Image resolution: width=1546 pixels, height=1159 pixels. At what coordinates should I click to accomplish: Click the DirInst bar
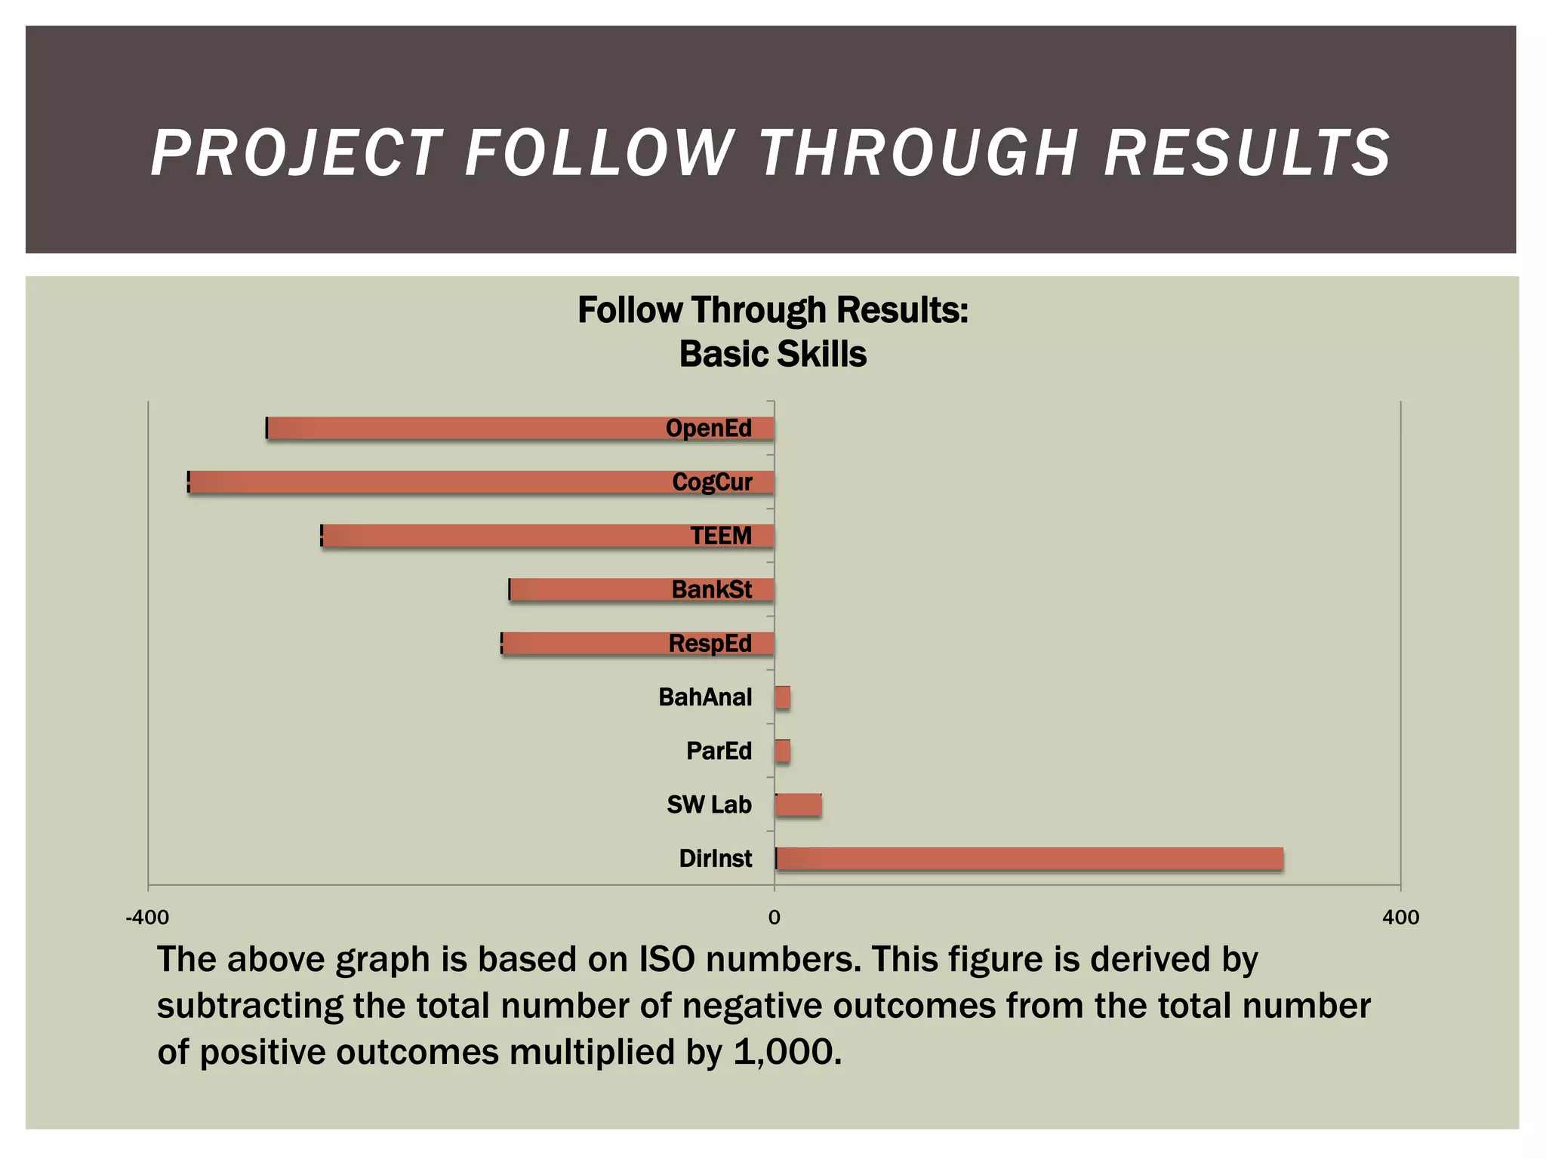coord(1029,859)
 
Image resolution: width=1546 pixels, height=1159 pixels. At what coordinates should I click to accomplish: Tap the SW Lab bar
coord(798,805)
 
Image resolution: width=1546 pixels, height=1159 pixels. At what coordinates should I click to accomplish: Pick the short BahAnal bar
coord(783,697)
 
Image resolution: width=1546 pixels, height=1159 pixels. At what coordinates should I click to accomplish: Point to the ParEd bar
coord(783,752)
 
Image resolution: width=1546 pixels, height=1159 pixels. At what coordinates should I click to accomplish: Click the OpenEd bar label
coord(708,429)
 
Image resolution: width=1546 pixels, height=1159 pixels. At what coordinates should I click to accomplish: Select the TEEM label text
coord(721,536)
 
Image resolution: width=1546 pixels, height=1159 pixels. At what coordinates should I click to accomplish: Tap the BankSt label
coord(711,589)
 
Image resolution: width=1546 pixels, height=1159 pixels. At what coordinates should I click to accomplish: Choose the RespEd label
coord(710,644)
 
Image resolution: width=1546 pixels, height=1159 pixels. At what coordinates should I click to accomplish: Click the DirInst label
coord(715,859)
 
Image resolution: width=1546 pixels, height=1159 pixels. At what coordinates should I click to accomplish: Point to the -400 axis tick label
coord(147,918)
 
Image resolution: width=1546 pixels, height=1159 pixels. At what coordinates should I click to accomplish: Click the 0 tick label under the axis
coord(774,918)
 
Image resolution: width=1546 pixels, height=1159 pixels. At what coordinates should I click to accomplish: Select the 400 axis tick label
coord(1400,918)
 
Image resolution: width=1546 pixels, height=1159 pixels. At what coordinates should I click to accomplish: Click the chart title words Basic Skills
coord(773,354)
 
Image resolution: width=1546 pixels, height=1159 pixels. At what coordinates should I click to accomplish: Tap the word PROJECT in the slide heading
coord(296,153)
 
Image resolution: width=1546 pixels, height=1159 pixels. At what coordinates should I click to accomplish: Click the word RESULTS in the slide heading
coord(1247,153)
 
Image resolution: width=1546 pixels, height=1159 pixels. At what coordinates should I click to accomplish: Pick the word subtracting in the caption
coord(250,1006)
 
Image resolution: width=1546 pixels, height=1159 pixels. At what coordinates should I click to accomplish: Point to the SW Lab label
coord(709,805)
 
